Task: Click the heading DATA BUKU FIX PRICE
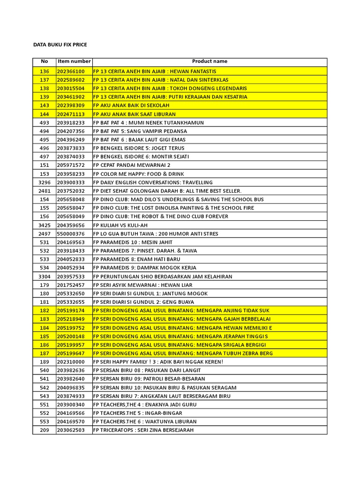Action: (60, 45)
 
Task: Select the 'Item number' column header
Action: (74, 61)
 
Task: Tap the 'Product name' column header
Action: (210, 61)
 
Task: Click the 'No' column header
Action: (45, 61)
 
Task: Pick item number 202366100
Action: (71, 71)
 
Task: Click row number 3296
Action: (45, 182)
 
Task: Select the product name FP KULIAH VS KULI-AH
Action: (120, 225)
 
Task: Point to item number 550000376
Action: (71, 233)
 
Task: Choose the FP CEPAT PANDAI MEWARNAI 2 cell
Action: (132, 165)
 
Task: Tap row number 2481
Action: (45, 191)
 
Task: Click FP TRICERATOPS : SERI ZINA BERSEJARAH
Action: (143, 430)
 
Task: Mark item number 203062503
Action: (71, 430)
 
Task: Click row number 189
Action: (45, 362)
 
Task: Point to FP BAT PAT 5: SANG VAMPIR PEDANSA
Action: (140, 131)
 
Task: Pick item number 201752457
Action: (71, 285)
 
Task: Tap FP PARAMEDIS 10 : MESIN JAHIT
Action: (133, 242)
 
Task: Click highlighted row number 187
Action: (45, 353)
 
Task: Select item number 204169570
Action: (71, 421)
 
